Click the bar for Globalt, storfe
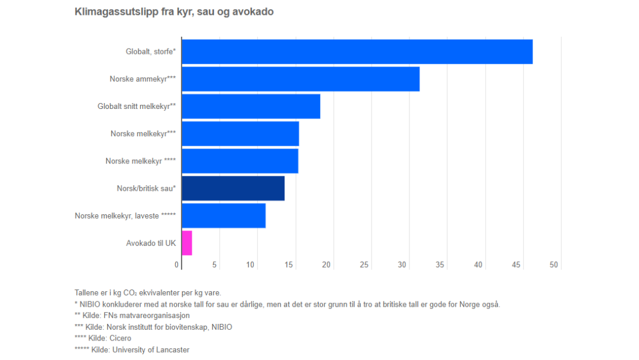(357, 52)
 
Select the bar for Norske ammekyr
(301, 79)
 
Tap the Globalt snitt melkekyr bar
(251, 106)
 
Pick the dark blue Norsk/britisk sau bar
(233, 188)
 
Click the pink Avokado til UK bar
(187, 243)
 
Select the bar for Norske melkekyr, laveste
(224, 216)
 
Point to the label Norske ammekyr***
(143, 79)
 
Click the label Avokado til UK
(151, 243)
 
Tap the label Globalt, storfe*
(151, 52)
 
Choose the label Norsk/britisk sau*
(146, 188)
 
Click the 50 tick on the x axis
(554, 265)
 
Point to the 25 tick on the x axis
(364, 265)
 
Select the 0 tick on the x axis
(177, 265)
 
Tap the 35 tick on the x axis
(440, 265)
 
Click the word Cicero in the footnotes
(119, 338)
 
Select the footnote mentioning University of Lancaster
(132, 350)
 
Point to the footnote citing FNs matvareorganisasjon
(132, 316)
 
